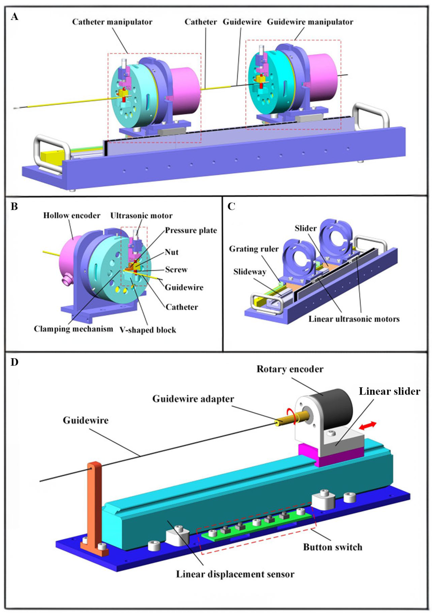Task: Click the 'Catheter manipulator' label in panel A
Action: click(112, 22)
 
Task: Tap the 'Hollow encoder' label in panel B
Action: click(72, 215)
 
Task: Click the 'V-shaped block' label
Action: click(148, 330)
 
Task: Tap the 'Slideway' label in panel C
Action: click(250, 272)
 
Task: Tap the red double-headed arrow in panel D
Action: click(367, 426)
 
